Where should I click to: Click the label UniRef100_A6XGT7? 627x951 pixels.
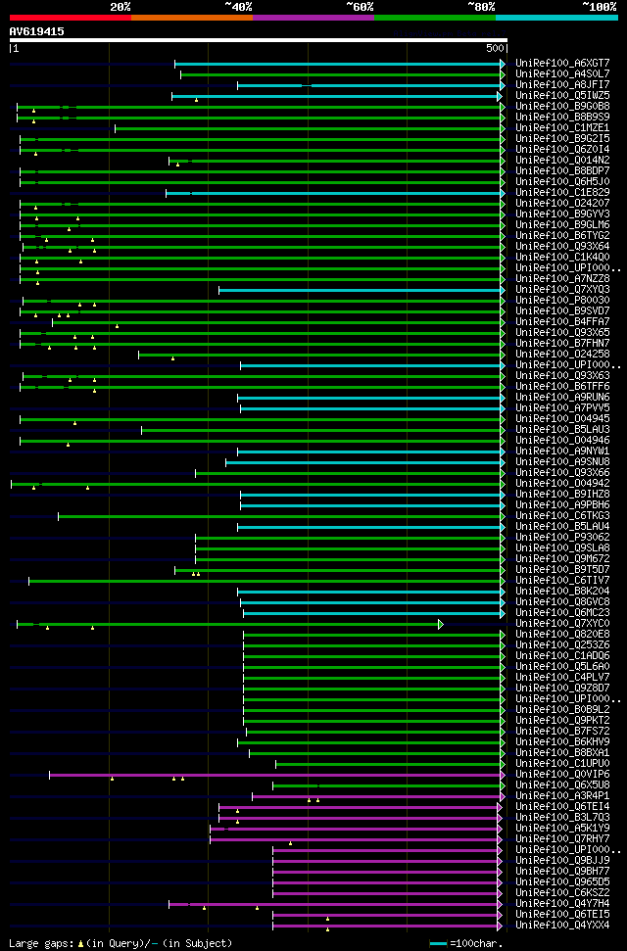coord(562,64)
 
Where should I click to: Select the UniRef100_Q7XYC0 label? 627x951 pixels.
coord(562,624)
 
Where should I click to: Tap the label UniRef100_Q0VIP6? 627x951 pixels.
coord(562,775)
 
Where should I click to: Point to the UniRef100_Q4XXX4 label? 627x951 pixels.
coord(562,926)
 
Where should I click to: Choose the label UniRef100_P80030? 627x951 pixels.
coord(562,301)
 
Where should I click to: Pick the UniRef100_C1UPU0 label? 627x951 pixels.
coord(562,764)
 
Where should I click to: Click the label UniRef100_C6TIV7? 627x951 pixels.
coord(562,581)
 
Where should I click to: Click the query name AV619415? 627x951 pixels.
coord(37,31)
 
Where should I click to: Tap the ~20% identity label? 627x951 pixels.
coord(121,7)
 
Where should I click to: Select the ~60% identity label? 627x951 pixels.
coord(360,7)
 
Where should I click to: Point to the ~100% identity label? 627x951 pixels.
coord(599,7)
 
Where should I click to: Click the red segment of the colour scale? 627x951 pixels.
coord(70,18)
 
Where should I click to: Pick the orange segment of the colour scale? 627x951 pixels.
coord(191,18)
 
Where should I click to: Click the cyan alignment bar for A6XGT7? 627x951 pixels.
coord(338,64)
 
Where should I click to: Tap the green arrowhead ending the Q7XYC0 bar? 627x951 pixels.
coord(441,624)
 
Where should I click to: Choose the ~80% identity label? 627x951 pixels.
coord(481,7)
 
